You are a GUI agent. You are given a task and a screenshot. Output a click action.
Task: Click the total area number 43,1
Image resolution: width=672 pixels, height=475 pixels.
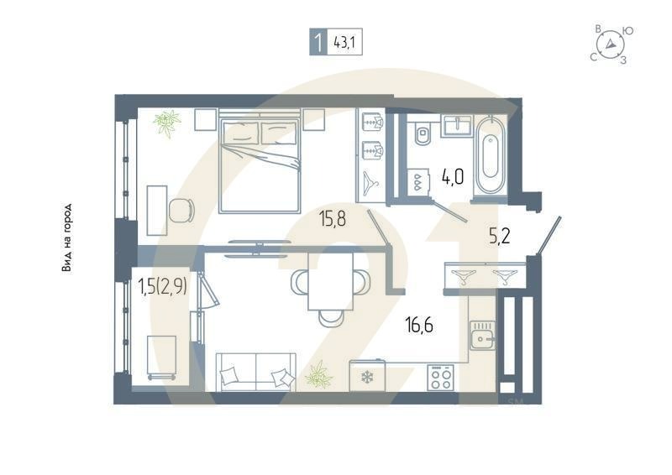(x=344, y=43)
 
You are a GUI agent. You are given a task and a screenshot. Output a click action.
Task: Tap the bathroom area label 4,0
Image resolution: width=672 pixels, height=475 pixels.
(x=453, y=176)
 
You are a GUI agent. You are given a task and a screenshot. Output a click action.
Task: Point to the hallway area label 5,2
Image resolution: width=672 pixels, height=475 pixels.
(x=499, y=236)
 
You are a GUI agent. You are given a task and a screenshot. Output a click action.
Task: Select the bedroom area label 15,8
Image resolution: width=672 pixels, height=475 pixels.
(x=333, y=219)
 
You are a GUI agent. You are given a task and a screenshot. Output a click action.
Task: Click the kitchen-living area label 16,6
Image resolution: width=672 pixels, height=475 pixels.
(x=419, y=325)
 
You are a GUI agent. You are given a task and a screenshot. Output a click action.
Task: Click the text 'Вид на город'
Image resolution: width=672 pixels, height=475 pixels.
(x=66, y=237)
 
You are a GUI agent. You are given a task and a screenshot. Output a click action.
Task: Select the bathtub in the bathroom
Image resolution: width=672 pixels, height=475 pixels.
(x=491, y=156)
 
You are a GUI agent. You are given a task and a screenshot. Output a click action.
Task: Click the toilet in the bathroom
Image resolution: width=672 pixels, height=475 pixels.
(x=423, y=133)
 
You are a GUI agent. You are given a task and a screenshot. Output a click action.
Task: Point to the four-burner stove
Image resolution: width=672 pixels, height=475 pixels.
(x=440, y=378)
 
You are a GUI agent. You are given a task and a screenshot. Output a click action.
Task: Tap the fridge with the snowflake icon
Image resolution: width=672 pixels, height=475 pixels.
(x=367, y=376)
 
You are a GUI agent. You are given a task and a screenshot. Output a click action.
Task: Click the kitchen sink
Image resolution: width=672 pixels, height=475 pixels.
(x=482, y=336)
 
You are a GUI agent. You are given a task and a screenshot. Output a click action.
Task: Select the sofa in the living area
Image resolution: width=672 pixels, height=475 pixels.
(x=256, y=372)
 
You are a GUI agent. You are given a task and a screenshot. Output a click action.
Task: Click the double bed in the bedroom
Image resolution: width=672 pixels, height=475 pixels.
(x=260, y=160)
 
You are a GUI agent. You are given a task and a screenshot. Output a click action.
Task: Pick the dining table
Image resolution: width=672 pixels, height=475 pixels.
(x=331, y=281)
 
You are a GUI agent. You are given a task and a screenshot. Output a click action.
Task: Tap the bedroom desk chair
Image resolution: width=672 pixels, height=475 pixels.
(x=182, y=210)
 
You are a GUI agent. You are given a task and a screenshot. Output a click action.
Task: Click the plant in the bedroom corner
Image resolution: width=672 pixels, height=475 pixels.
(x=166, y=123)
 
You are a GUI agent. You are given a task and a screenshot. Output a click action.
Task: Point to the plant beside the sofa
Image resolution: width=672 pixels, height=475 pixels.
(x=319, y=375)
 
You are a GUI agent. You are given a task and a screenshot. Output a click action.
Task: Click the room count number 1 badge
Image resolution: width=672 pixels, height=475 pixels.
(x=318, y=43)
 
